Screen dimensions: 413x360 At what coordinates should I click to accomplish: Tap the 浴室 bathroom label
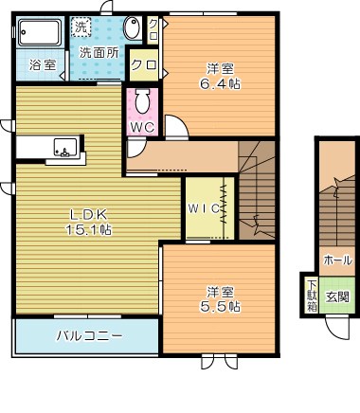point(43,65)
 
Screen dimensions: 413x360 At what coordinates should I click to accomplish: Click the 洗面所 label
point(98,53)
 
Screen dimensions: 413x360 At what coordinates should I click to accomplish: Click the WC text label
point(142,126)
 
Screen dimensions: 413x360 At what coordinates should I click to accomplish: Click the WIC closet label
point(203,206)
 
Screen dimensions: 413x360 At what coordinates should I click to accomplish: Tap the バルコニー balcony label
point(88,334)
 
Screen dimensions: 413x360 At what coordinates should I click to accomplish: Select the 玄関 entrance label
point(337,296)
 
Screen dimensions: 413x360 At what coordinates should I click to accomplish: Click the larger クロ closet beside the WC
point(143,65)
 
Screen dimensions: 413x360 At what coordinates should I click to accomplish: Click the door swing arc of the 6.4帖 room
point(175,125)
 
